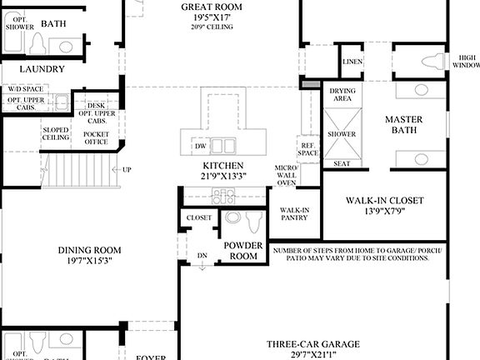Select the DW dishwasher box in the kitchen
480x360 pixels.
pyautogui.click(x=200, y=146)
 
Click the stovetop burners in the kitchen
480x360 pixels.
pyautogui.click(x=222, y=197)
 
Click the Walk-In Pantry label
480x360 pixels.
pyautogui.click(x=295, y=216)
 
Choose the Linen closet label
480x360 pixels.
pyautogui.click(x=351, y=62)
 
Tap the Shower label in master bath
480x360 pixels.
pyautogui.click(x=342, y=134)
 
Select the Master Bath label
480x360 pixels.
pyautogui.click(x=403, y=125)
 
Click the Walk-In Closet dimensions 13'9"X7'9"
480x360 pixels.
pyautogui.click(x=385, y=212)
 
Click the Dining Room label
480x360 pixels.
pyautogui.click(x=89, y=250)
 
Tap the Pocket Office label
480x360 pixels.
pyautogui.click(x=96, y=137)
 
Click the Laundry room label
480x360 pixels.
pyautogui.click(x=42, y=70)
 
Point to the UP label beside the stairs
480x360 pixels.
pyautogui.click(x=127, y=169)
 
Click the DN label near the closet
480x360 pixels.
pyautogui.click(x=201, y=255)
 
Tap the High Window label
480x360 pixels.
pyautogui.click(x=466, y=61)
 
